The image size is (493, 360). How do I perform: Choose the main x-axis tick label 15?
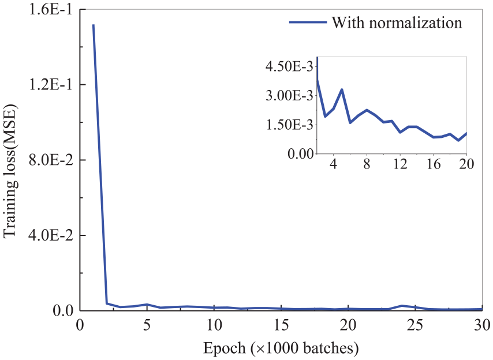tap(281, 325)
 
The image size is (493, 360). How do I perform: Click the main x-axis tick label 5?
tap(147, 325)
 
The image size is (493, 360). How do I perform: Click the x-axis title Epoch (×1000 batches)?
tap(281, 348)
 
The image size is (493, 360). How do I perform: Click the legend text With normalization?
tap(397, 23)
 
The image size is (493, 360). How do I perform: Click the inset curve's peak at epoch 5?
tap(342, 89)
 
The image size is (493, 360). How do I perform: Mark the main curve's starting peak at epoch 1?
tap(94, 25)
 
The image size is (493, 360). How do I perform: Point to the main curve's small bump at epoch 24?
tap(402, 306)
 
